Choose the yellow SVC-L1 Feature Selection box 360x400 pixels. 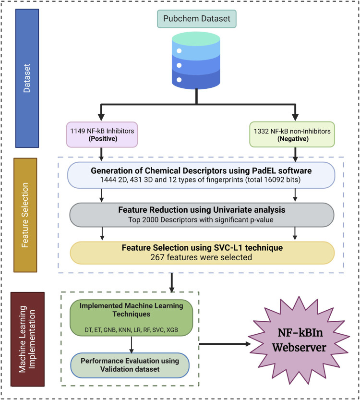(x=202, y=253)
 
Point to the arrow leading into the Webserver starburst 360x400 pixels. (x=226, y=344)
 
